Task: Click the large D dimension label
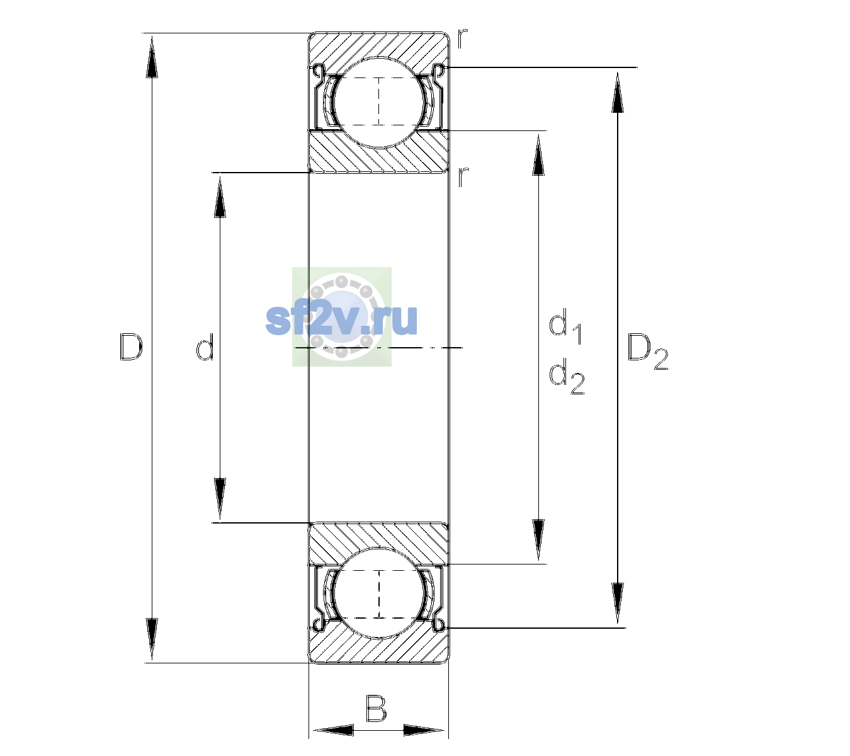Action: [131, 347]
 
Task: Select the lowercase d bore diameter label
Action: [205, 347]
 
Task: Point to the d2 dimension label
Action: [567, 376]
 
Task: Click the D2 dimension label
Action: [647, 352]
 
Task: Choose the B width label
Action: [376, 709]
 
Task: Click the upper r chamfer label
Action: [462, 38]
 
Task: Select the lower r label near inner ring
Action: [462, 177]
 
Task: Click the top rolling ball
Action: [379, 103]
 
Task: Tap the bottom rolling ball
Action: [379, 593]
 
